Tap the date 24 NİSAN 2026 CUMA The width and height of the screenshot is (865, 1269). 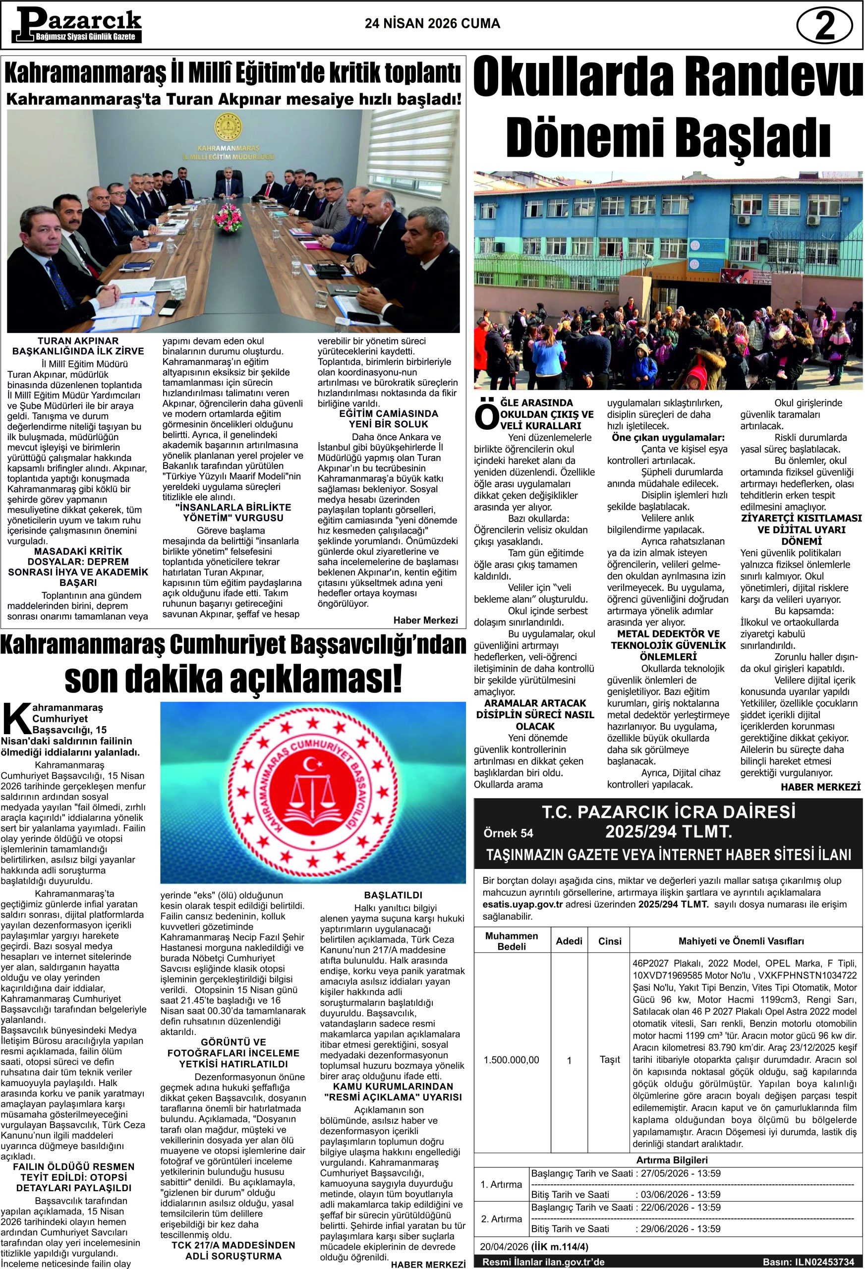point(432,24)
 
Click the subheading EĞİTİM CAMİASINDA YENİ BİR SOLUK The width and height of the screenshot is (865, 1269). point(388,419)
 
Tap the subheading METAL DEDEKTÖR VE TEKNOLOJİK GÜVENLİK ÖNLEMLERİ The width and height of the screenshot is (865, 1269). point(668,645)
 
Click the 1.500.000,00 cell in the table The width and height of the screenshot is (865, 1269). point(511,1060)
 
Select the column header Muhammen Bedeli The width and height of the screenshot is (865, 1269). point(511,941)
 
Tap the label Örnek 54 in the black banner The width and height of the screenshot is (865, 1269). point(509,833)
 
